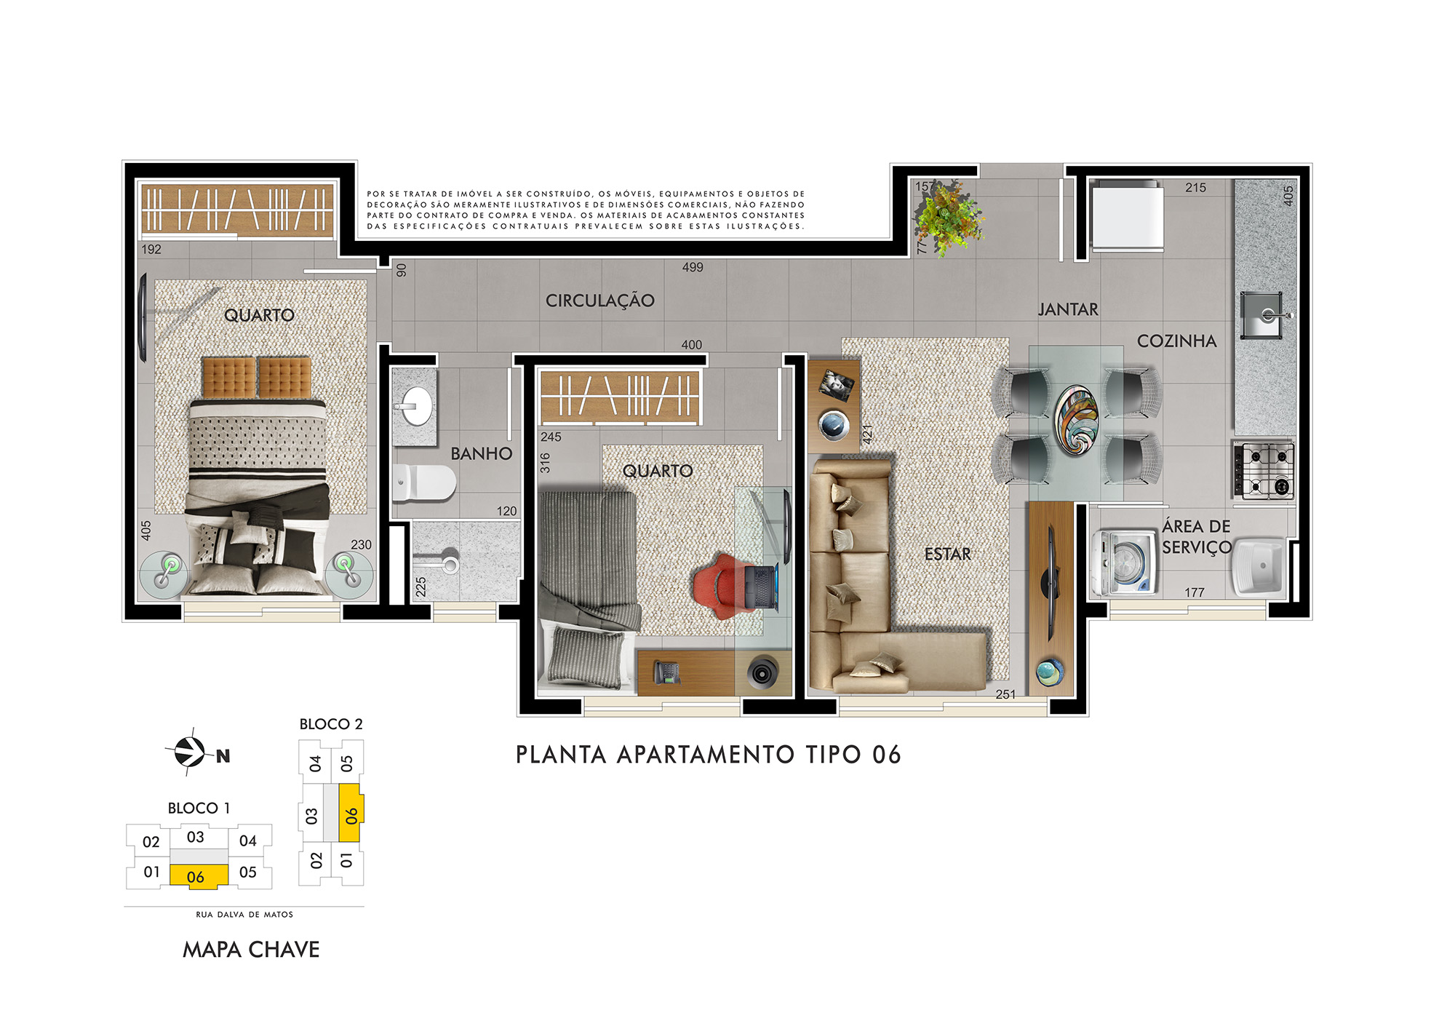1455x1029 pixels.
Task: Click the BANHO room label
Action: [481, 453]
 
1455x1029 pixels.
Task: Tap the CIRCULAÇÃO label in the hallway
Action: [600, 301]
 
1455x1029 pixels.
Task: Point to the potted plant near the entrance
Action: [947, 217]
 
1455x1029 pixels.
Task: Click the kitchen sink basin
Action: [1261, 315]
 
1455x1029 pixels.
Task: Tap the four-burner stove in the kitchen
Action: [1264, 470]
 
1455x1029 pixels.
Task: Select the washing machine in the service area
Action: [1125, 563]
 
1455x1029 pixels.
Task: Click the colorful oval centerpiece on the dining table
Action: [1077, 420]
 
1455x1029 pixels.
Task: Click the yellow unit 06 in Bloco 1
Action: [199, 875]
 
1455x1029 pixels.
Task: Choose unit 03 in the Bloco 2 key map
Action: [312, 816]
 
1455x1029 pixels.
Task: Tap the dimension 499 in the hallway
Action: [693, 267]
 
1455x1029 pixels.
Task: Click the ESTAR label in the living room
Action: [947, 555]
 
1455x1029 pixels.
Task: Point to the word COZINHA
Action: [1176, 341]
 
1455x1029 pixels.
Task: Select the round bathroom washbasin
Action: [417, 406]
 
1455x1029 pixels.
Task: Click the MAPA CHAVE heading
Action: [251, 950]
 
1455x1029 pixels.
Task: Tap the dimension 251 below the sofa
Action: [1005, 694]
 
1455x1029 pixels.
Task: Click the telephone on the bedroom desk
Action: [666, 672]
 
